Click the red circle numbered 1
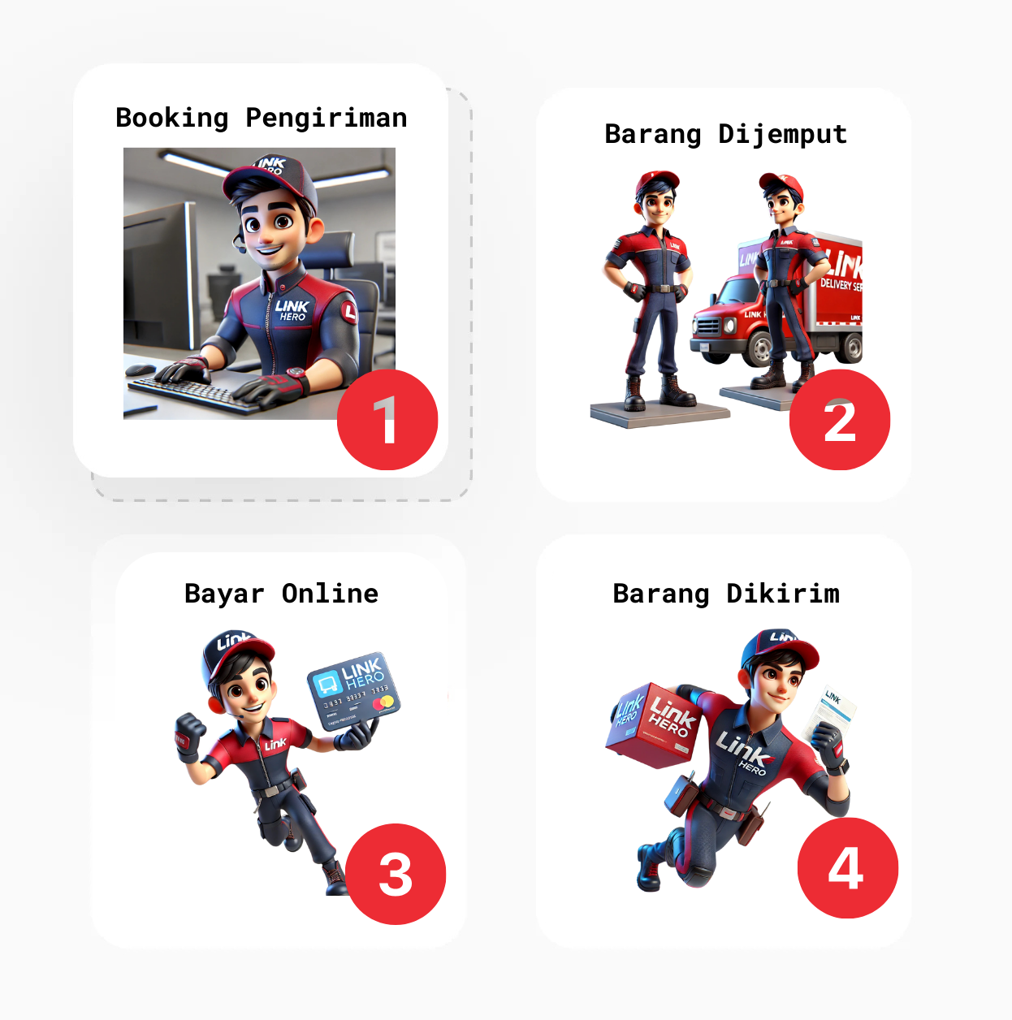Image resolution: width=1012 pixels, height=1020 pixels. click(387, 420)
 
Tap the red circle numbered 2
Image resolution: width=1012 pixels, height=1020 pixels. click(840, 420)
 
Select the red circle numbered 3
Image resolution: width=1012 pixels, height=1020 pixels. click(396, 874)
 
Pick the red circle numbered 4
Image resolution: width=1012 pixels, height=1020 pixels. click(847, 868)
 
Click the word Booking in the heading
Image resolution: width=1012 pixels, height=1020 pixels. click(172, 119)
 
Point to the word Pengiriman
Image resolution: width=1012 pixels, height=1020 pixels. click(326, 119)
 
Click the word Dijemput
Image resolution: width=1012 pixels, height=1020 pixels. click(782, 135)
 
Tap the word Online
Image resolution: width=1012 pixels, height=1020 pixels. click(330, 594)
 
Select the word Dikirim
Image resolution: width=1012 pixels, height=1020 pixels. click(782, 594)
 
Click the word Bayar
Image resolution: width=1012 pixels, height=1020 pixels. click(224, 594)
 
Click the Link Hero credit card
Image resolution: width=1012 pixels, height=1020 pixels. click(353, 690)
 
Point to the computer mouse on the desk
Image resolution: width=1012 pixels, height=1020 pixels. click(139, 370)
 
